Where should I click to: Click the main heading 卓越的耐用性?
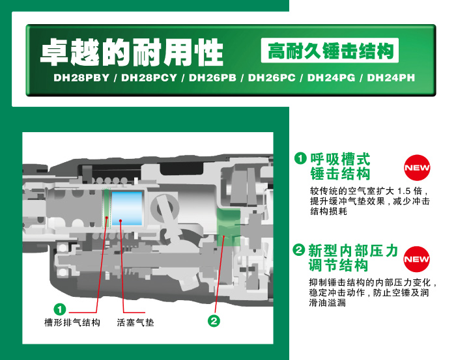click(x=132, y=52)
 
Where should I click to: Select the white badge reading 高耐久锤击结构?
click(x=330, y=51)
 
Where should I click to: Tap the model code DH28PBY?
click(x=81, y=78)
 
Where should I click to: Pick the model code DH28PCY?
click(x=149, y=78)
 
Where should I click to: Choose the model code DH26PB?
click(x=212, y=78)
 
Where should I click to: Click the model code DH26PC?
click(x=272, y=78)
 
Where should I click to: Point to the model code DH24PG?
click(x=331, y=78)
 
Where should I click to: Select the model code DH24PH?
click(x=391, y=78)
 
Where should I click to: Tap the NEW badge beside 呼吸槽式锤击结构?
click(x=417, y=168)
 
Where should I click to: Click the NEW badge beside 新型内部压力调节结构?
click(x=417, y=259)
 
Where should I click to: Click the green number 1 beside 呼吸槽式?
click(x=300, y=158)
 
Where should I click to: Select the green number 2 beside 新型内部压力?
click(x=298, y=249)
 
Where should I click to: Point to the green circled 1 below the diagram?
click(x=60, y=309)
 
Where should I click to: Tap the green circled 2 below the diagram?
click(x=214, y=321)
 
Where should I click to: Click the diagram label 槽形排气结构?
click(x=72, y=322)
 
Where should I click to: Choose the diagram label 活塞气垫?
click(x=135, y=322)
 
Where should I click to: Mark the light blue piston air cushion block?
click(x=127, y=208)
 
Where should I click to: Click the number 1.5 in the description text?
click(x=404, y=191)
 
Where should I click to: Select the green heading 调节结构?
click(x=339, y=265)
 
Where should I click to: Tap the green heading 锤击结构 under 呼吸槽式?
click(x=340, y=174)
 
